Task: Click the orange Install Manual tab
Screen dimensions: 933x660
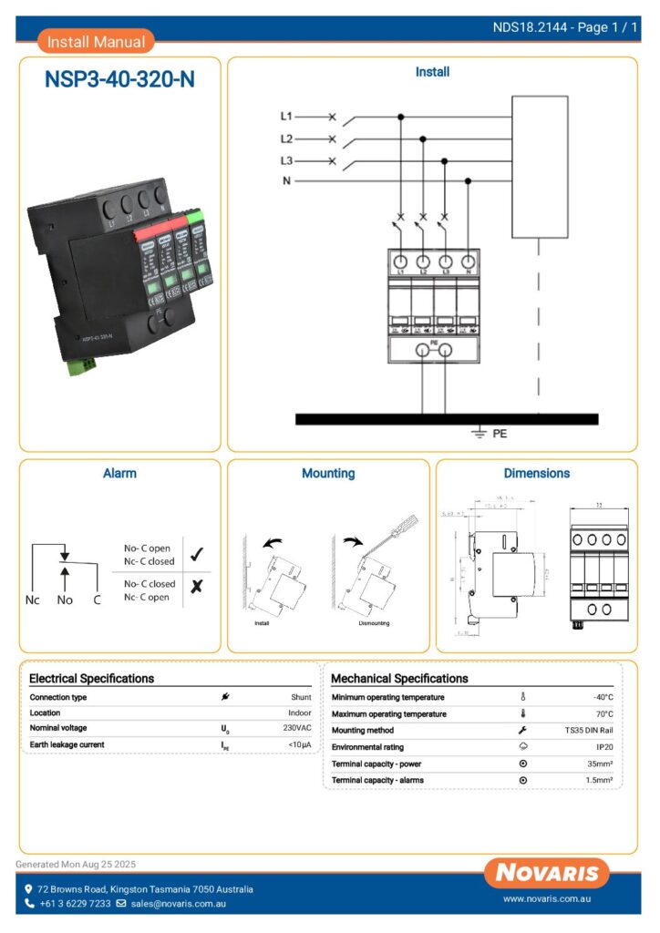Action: (96, 41)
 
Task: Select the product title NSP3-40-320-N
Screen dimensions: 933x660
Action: (119, 79)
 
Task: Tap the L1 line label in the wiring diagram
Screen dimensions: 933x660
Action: (286, 117)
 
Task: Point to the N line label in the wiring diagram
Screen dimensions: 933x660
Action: (287, 181)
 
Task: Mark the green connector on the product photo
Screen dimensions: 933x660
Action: (81, 366)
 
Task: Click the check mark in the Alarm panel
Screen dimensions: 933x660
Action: (196, 553)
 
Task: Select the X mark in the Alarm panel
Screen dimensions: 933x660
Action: (196, 588)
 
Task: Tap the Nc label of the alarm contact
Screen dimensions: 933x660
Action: (32, 600)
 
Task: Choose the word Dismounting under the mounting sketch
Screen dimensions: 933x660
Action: (375, 624)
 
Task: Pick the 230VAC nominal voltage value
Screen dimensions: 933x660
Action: (296, 729)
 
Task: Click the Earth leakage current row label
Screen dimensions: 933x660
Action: (67, 745)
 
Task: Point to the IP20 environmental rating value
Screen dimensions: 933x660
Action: (604, 747)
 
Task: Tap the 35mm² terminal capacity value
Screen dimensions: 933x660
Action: (599, 764)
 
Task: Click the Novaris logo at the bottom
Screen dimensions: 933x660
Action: (547, 873)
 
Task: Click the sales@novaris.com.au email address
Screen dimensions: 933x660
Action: (178, 904)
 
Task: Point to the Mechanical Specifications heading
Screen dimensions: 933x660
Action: (399, 679)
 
